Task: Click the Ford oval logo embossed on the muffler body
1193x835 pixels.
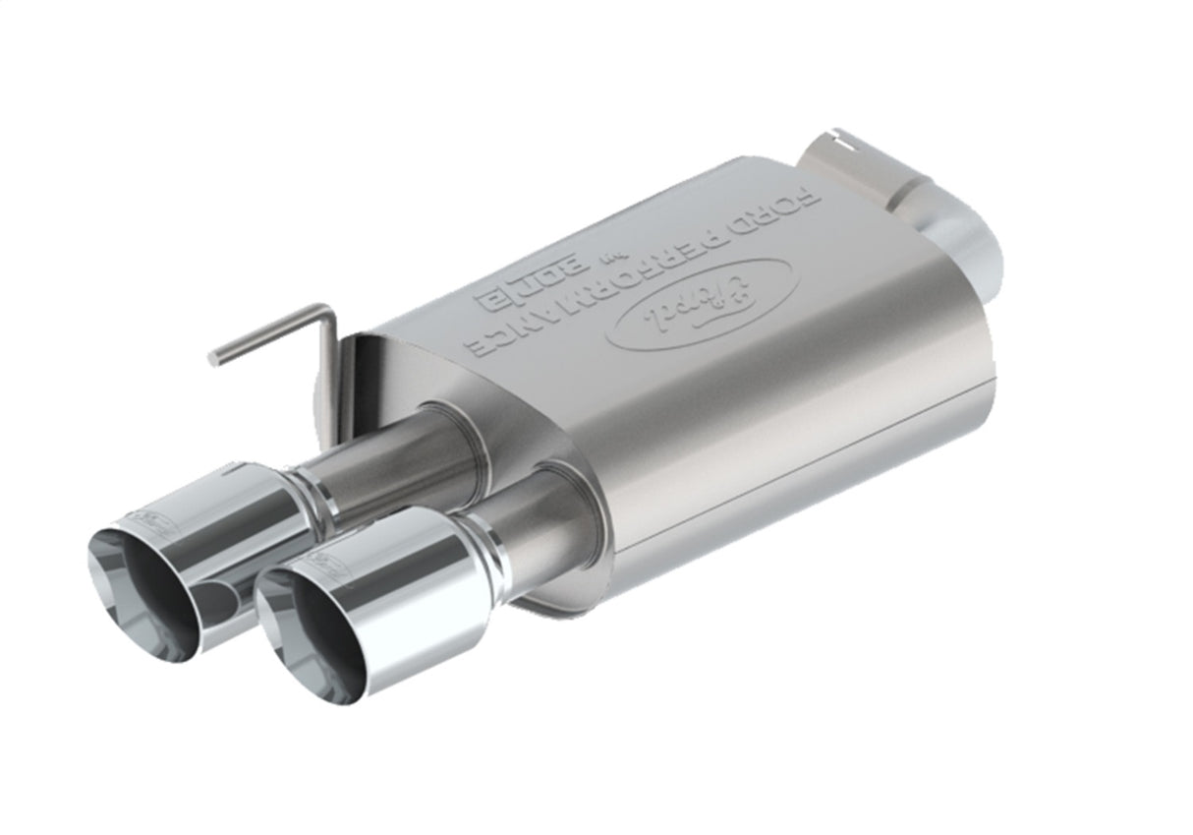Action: tap(702, 304)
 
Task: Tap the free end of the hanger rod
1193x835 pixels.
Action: tap(213, 359)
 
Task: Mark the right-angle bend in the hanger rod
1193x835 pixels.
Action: tap(327, 314)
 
